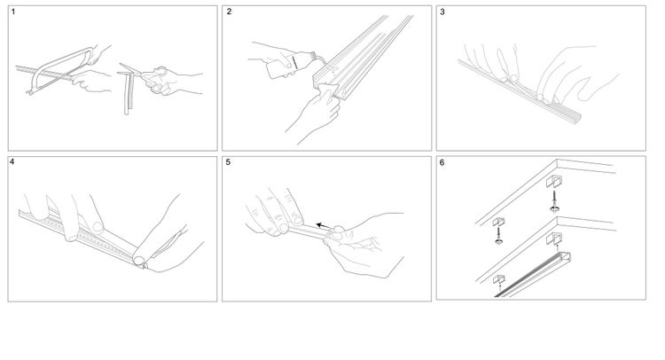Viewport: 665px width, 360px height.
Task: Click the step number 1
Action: [x=13, y=12]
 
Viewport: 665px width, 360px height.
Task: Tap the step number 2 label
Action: [x=229, y=12]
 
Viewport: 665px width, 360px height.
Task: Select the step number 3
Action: [x=442, y=12]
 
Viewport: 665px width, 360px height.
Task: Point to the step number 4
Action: [x=12, y=162]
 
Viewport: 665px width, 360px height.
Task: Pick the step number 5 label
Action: [x=228, y=162]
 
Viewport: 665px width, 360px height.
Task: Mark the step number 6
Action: [x=442, y=163]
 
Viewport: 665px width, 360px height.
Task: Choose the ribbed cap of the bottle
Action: [x=312, y=56]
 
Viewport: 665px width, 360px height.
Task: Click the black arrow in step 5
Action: [x=323, y=225]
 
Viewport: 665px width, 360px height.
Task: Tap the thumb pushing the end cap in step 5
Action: [x=338, y=231]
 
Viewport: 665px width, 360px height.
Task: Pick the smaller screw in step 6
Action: [x=498, y=235]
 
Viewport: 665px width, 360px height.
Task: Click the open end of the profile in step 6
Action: [x=564, y=257]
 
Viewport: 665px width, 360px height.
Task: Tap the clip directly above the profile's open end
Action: [x=554, y=239]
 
